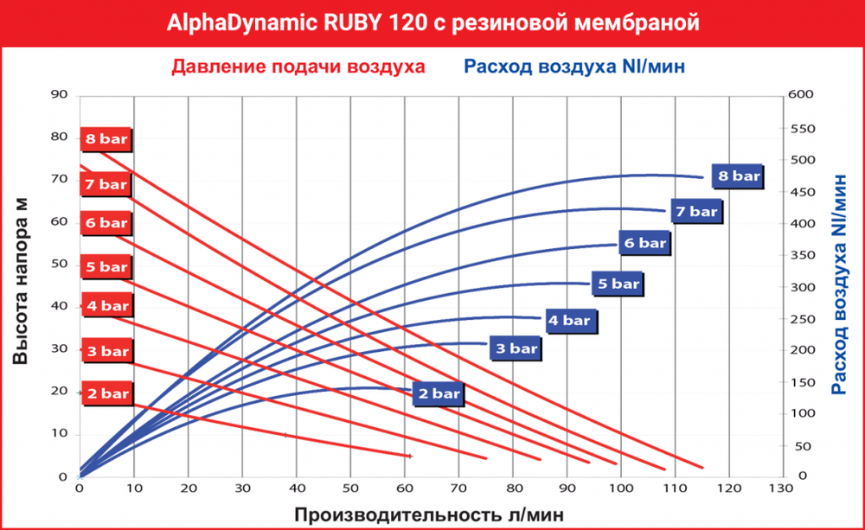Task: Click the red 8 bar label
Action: (106, 138)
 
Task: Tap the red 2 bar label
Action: (106, 393)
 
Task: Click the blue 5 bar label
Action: (618, 283)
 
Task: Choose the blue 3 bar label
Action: (516, 348)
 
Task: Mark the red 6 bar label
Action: (106, 223)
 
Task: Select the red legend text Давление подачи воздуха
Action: (298, 67)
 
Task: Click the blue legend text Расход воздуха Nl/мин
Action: (575, 67)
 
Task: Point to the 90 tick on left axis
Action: (59, 94)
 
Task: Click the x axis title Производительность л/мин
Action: (431, 514)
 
